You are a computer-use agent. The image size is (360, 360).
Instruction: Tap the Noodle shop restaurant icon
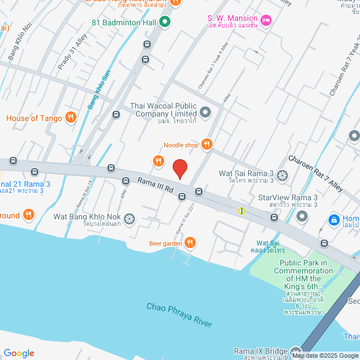coord(207,145)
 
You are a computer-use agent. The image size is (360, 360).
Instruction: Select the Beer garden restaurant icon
coord(191,242)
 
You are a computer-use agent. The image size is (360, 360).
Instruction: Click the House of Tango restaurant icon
coord(70,118)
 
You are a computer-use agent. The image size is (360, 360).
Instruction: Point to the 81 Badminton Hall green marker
coord(164,22)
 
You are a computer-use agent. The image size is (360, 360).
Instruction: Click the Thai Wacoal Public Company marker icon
coord(205,112)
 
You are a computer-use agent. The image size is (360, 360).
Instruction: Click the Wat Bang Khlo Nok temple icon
coord(129,218)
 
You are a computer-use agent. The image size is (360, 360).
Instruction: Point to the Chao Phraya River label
coord(179,314)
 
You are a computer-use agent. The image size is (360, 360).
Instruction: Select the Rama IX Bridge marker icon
coord(296,350)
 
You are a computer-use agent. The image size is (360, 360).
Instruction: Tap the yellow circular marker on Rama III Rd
coord(242,211)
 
